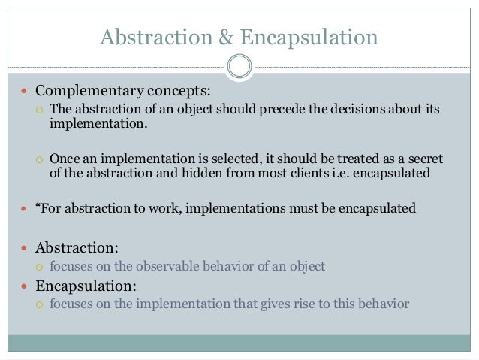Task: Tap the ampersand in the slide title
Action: pos(203,36)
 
